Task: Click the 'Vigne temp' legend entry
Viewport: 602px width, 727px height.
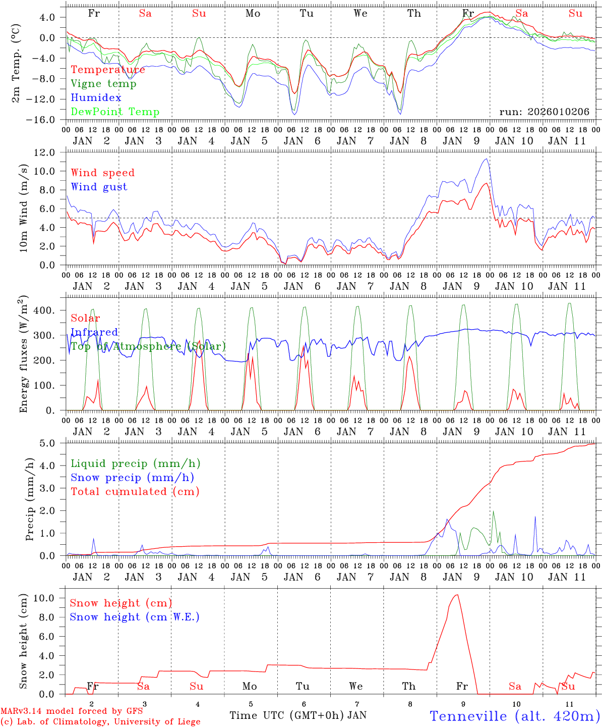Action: pyautogui.click(x=103, y=84)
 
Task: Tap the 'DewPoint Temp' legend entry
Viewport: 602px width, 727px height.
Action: pyautogui.click(x=115, y=112)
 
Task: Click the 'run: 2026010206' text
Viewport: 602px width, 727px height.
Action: pyautogui.click(x=544, y=112)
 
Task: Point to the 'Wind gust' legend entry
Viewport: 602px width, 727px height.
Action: pyautogui.click(x=99, y=187)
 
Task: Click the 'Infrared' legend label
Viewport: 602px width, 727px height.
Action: pyautogui.click(x=94, y=332)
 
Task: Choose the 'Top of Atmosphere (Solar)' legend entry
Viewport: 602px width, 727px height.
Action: pyautogui.click(x=148, y=346)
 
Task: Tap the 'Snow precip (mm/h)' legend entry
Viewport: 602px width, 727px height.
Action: pyautogui.click(x=132, y=478)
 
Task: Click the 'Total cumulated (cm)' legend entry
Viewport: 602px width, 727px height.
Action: pyautogui.click(x=135, y=492)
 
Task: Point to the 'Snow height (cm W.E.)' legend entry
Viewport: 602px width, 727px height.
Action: pyautogui.click(x=135, y=617)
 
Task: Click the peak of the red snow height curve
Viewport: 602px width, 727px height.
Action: pyautogui.click(x=457, y=595)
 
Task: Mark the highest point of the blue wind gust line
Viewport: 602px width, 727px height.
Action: pyautogui.click(x=486, y=159)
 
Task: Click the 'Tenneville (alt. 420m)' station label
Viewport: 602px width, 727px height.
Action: pyautogui.click(x=515, y=716)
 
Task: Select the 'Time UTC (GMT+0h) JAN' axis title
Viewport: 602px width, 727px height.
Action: pyautogui.click(x=298, y=715)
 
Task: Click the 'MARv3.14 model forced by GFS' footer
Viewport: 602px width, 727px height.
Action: pyautogui.click(x=72, y=711)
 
